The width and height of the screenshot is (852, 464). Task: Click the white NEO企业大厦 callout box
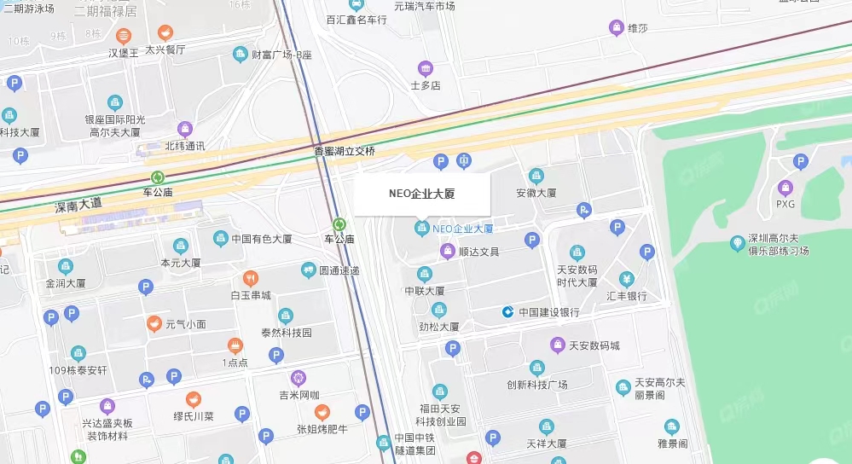coord(422,194)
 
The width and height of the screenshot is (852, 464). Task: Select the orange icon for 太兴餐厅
coord(165,32)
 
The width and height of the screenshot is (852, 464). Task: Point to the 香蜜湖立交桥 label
coord(345,151)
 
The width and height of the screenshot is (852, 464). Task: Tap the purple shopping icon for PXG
coord(785,188)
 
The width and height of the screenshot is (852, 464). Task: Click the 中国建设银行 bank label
coord(549,312)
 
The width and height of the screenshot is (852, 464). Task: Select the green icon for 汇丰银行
coord(626,280)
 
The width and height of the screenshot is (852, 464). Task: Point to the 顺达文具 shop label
coord(478,252)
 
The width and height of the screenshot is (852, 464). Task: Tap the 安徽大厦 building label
coord(536,193)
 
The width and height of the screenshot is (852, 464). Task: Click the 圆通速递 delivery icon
coord(308,270)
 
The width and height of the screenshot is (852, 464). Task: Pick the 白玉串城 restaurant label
coord(251,295)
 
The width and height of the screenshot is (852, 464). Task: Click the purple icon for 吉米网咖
coord(298,377)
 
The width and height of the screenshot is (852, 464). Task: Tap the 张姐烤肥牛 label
coord(323,429)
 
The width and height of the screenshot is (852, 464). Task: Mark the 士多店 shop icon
coord(425,68)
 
